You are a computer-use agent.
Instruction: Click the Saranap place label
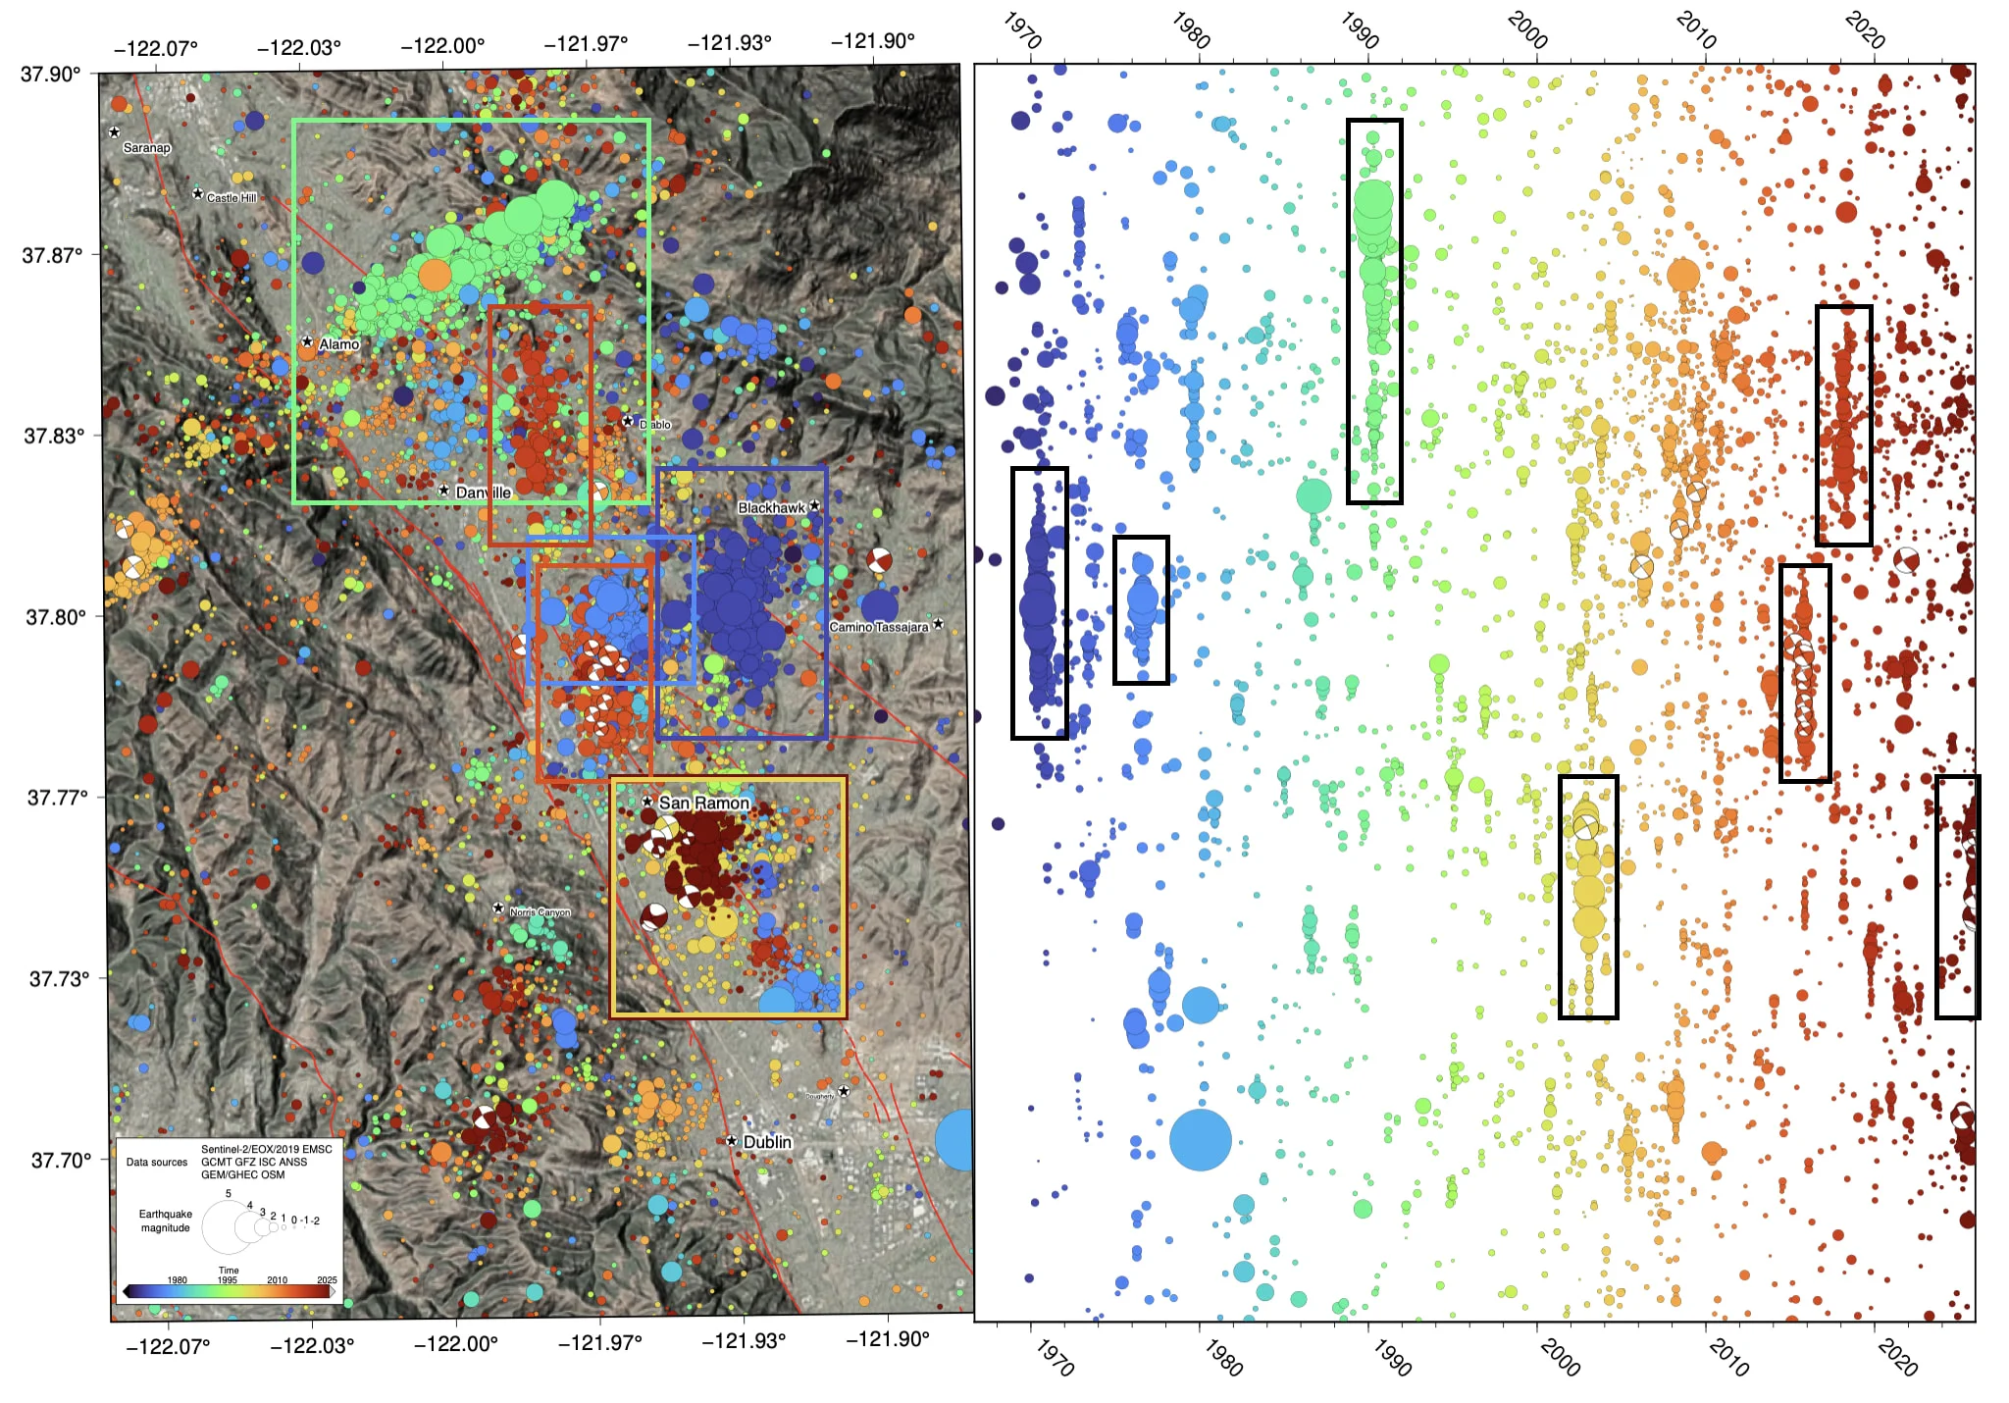(146, 148)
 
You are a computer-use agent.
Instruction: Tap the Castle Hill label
(231, 197)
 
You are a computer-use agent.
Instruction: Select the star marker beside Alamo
(307, 341)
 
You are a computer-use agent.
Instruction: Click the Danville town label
(483, 492)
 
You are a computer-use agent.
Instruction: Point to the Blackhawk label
(771, 507)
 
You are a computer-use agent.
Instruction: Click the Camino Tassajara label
(878, 626)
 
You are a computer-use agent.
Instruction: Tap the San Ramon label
(703, 803)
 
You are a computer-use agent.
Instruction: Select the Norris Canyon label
(540, 911)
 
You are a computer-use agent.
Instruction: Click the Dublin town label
(767, 1141)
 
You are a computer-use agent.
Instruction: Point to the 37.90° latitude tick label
(51, 75)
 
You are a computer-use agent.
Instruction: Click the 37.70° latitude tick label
(61, 1161)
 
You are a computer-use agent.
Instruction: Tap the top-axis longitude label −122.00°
(442, 45)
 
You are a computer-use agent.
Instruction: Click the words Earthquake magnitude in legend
(166, 1221)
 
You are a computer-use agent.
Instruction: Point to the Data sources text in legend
(157, 1162)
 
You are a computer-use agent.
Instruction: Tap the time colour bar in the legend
(228, 1291)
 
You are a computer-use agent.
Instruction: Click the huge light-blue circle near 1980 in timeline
(1200, 1139)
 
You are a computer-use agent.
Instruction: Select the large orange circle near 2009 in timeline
(1683, 276)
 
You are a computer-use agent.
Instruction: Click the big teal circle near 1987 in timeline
(1314, 495)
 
